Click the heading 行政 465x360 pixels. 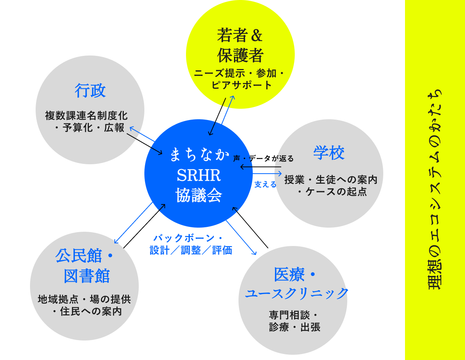point(90,91)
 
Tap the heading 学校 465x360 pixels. point(329,153)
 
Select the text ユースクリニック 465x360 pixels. point(297,293)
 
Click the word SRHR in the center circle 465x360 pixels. point(199,175)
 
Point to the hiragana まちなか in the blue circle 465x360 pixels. point(199,154)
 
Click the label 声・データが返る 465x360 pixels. point(263,159)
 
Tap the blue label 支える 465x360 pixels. point(265,184)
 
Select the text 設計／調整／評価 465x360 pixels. point(191,250)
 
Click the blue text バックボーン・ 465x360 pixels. point(188,238)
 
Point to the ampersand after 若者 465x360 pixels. point(256,35)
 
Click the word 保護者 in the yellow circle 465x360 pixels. point(240,55)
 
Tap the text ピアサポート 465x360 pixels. point(241,85)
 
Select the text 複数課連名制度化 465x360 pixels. point(86,116)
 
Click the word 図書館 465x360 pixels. point(87,276)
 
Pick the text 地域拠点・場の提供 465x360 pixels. point(84,299)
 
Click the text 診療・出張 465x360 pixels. point(295,327)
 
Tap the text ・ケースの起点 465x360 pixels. point(332,192)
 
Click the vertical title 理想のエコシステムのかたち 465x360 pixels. point(435,189)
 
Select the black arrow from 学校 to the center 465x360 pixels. point(261,167)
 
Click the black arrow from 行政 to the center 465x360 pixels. point(144,144)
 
